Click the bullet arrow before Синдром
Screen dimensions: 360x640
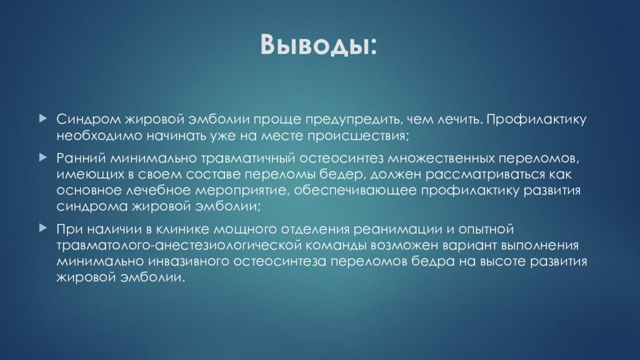click(x=42, y=117)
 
